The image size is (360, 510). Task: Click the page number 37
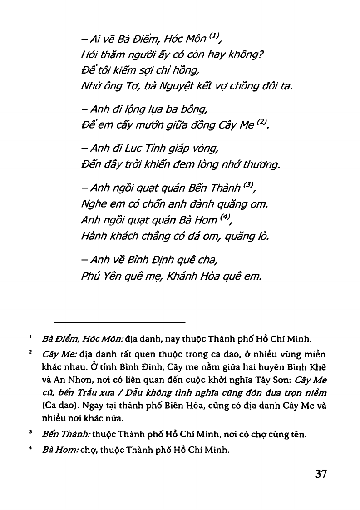321,474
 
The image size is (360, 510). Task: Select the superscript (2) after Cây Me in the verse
262,122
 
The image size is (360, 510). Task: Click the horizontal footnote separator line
120,323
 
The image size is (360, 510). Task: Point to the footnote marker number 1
30,337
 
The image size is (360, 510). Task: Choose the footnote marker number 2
30,352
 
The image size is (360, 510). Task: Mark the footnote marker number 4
30,449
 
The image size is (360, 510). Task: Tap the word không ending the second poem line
248,56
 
